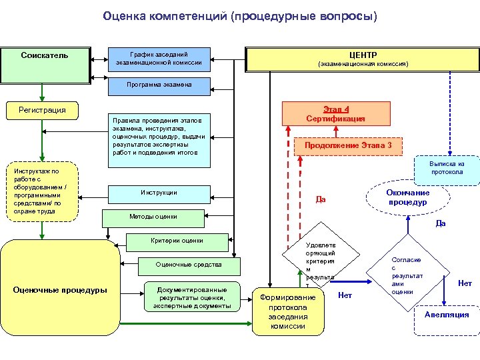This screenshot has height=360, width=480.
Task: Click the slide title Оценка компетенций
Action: (x=240, y=15)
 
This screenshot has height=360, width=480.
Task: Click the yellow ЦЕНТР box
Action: (x=363, y=59)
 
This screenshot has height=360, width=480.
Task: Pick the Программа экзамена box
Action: (x=159, y=85)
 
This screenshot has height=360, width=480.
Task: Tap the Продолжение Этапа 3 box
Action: (x=348, y=145)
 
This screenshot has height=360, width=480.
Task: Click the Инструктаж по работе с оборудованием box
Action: (x=41, y=191)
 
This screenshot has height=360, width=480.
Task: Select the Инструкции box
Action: (x=159, y=193)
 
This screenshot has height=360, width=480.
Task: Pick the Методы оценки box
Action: (x=153, y=217)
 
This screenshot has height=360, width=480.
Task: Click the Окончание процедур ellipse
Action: (x=407, y=197)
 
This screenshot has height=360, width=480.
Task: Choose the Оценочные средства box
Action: (x=189, y=265)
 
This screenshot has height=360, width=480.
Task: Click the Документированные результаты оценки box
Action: (x=192, y=297)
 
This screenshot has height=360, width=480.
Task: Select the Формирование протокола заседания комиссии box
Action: (x=287, y=307)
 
